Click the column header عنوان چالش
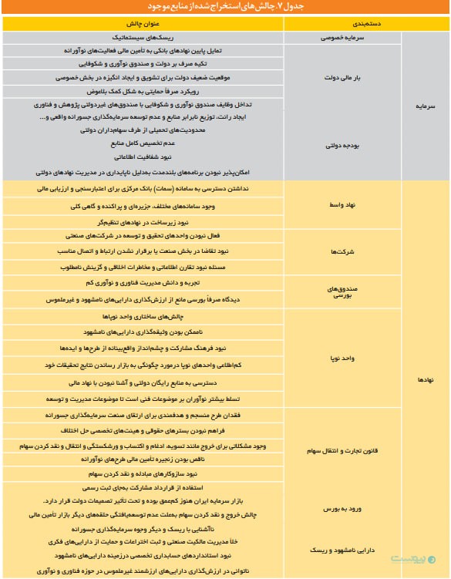(143, 23)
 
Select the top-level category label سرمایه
(426, 108)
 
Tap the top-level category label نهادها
(426, 379)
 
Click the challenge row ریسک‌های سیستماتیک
(143, 36)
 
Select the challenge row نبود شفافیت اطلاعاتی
(143, 156)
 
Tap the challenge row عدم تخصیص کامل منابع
(143, 143)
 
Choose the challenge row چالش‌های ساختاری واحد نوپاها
(143, 317)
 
